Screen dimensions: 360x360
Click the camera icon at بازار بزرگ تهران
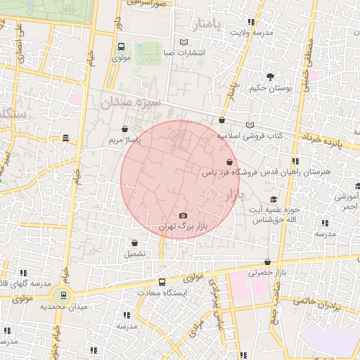(183, 215)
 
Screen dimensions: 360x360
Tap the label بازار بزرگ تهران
(184, 226)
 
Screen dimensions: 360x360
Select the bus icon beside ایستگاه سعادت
(162, 281)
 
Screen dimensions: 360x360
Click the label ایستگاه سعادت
(162, 292)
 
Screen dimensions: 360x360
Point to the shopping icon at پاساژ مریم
(125, 129)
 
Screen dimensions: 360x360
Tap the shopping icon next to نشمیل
(134, 243)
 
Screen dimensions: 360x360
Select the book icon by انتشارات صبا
(184, 42)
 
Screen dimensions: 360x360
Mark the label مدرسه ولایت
(250, 32)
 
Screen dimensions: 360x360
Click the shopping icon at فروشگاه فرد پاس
(230, 162)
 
